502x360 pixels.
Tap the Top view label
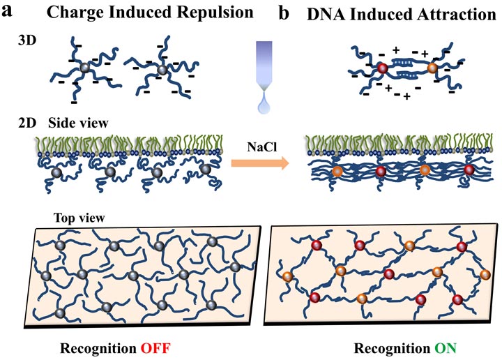pos(70,217)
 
